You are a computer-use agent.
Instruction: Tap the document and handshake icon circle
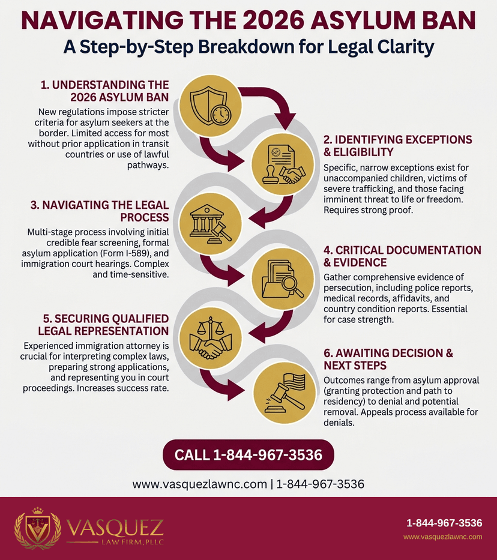(283, 164)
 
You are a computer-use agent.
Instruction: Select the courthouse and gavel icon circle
(210, 224)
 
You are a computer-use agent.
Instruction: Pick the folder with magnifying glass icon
(283, 279)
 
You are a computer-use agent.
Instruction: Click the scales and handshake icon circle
(210, 339)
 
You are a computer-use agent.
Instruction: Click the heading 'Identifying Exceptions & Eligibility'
(398, 146)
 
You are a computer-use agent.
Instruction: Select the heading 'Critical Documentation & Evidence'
(402, 256)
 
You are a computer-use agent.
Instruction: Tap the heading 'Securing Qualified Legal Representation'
(103, 325)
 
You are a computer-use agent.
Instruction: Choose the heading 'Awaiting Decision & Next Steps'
(388, 359)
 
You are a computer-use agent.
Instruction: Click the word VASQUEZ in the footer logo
(115, 528)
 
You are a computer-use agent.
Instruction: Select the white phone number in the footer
(444, 523)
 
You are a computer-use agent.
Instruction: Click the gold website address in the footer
(443, 537)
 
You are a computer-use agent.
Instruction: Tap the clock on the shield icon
(221, 115)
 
